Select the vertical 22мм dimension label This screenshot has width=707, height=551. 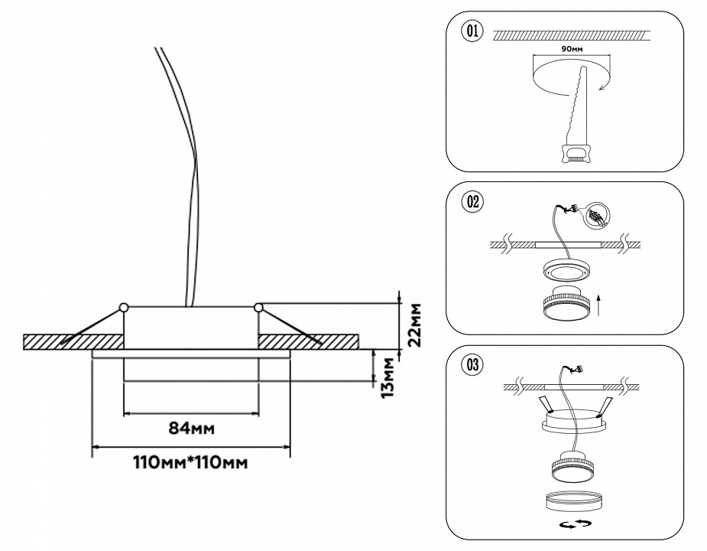(414, 326)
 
